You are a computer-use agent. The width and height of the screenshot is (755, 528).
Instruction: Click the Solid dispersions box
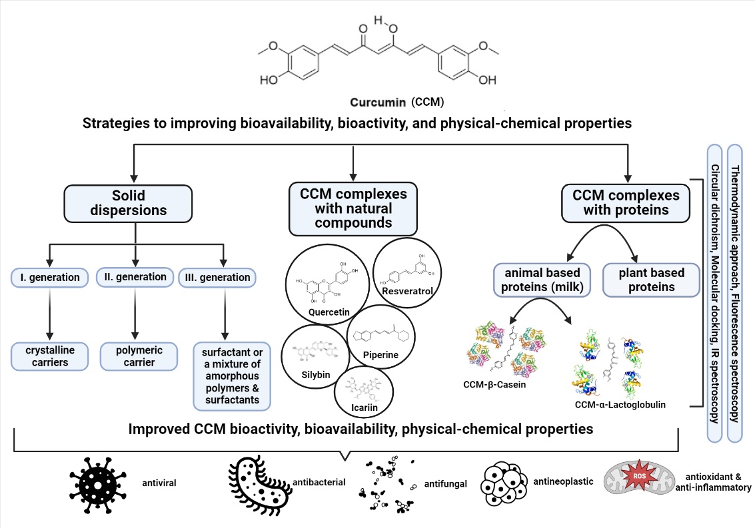(x=136, y=203)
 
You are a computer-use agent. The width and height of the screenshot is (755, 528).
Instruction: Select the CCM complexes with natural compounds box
(x=353, y=208)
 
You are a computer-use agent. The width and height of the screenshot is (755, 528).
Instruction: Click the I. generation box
(x=50, y=277)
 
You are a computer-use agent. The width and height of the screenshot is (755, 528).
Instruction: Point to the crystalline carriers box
(x=51, y=356)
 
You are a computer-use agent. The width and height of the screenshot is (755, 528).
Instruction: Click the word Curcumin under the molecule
(x=378, y=103)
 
